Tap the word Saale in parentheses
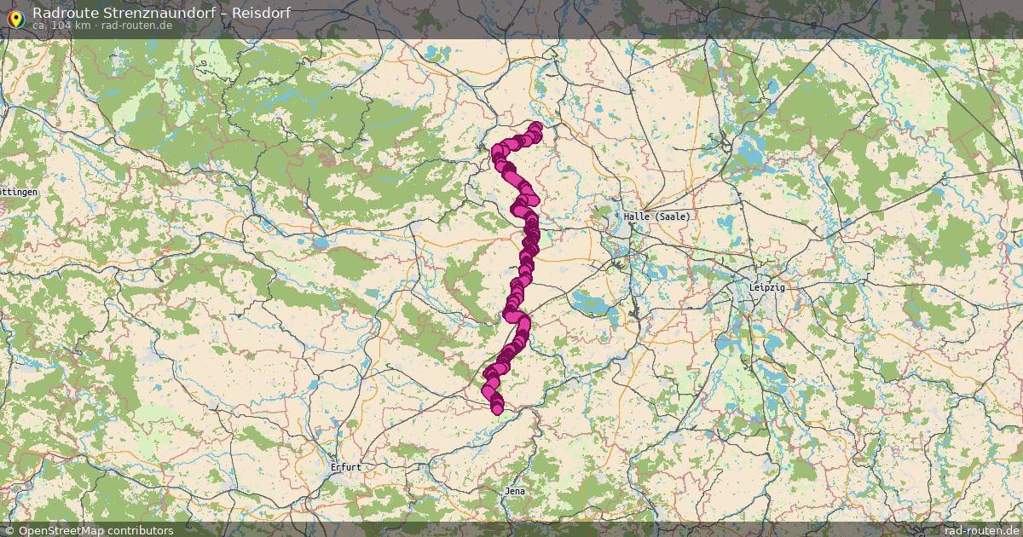(672, 217)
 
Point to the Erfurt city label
(346, 467)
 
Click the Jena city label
(515, 492)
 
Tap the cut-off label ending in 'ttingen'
(19, 193)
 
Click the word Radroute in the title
(64, 13)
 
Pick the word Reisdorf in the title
(261, 13)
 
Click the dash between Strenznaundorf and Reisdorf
(223, 13)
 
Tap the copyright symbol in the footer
(9, 530)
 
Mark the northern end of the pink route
(535, 128)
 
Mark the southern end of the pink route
(497, 409)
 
